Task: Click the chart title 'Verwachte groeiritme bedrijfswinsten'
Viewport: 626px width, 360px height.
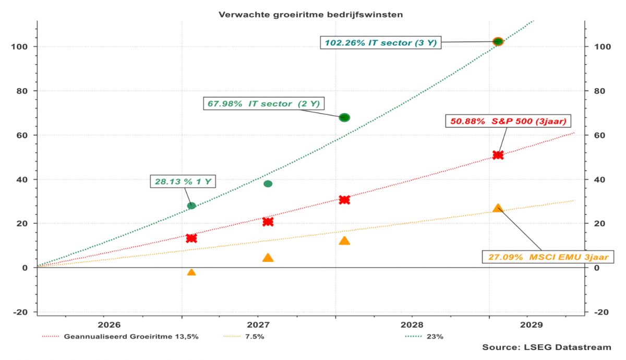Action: coord(310,14)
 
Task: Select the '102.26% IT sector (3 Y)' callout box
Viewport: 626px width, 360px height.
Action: coord(381,43)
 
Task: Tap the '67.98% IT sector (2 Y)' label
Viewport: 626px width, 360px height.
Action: coord(263,104)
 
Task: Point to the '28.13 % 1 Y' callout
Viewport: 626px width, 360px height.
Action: coord(183,182)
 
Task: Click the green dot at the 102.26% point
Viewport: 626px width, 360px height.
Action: coord(498,42)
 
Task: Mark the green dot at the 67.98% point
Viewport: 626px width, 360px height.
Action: coord(344,117)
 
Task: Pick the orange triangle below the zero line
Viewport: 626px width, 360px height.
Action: coord(191,272)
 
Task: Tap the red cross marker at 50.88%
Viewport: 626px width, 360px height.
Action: coord(498,155)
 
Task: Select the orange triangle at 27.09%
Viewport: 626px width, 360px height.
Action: coord(498,208)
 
